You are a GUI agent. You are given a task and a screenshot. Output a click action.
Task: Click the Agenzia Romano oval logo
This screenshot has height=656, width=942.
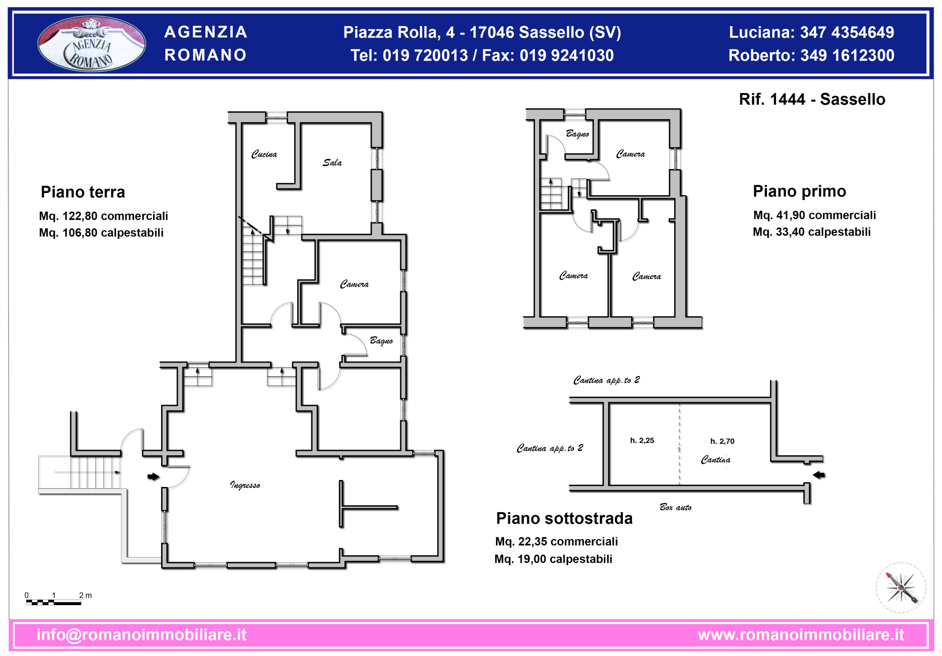92,44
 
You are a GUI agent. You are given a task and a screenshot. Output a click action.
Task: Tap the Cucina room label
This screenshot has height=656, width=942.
264,154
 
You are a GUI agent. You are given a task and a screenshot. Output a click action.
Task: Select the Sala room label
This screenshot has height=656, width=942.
332,163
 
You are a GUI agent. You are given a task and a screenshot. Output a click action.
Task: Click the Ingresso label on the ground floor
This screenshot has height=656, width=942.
245,485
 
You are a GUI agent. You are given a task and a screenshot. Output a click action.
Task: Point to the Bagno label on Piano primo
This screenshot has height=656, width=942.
577,133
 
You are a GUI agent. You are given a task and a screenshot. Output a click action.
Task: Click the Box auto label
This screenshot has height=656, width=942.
675,507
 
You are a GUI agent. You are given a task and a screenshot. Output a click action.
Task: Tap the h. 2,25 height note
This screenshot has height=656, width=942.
642,441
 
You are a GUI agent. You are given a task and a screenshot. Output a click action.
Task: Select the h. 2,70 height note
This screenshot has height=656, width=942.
722,442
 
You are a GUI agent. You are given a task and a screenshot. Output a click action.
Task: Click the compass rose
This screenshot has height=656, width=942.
901,588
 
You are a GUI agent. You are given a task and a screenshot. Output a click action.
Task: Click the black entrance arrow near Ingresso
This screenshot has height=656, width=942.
153,477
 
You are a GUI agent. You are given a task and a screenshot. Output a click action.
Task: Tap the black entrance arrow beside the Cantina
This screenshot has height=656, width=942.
819,475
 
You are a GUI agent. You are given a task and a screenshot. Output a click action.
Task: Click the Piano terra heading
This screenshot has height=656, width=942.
83,192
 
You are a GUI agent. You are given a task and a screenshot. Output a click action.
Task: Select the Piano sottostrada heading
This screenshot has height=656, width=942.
564,518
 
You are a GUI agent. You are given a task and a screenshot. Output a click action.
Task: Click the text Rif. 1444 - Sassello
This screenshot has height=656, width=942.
812,99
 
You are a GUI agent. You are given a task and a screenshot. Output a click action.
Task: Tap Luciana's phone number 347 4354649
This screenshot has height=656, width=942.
847,32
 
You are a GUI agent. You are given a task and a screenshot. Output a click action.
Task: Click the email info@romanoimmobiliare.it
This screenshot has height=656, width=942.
142,635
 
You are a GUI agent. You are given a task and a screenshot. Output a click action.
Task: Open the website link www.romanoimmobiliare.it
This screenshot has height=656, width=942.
801,635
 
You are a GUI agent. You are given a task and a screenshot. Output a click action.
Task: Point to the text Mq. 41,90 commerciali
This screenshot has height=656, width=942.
814,215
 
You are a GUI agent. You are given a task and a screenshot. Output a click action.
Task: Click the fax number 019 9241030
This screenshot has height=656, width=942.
567,56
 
